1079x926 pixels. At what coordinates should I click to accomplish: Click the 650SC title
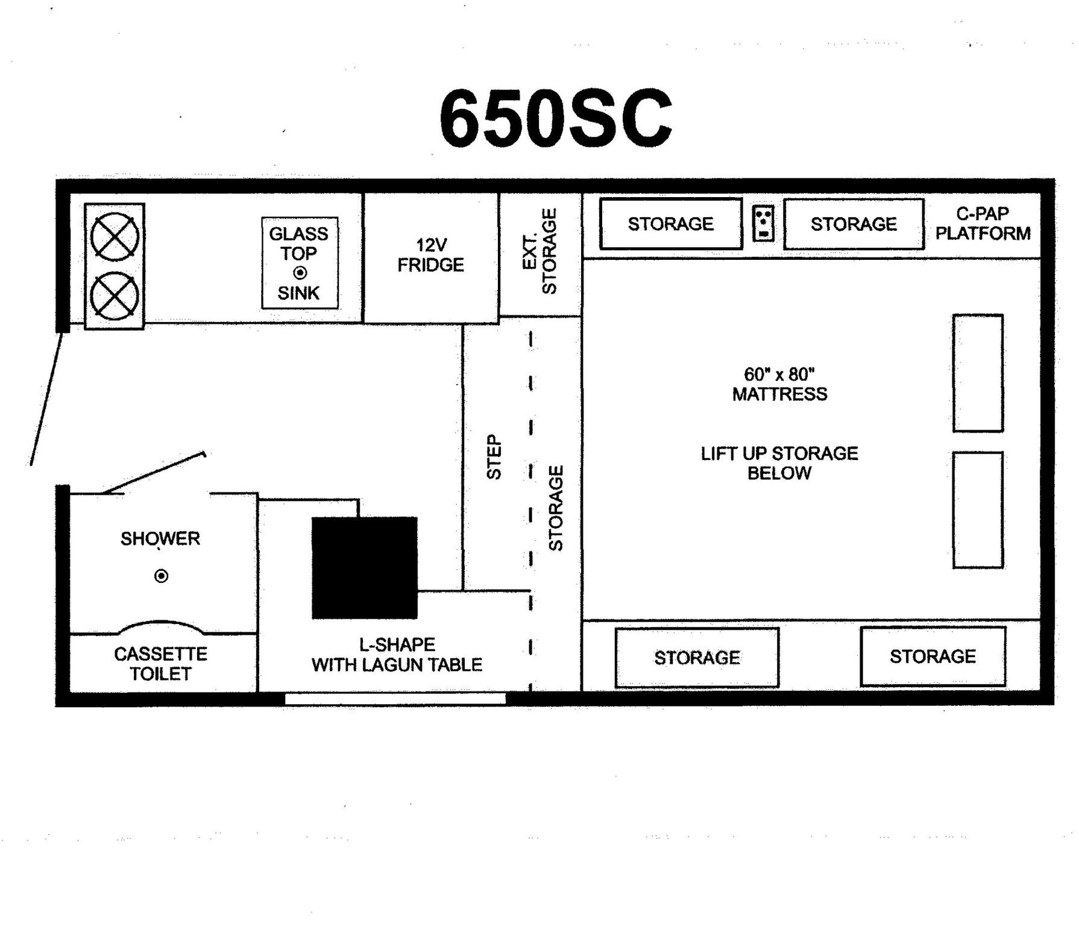pos(555,118)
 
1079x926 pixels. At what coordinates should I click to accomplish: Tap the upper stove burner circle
pos(115,236)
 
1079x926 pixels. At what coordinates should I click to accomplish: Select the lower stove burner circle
pos(115,296)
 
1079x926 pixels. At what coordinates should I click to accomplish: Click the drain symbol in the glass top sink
pos(300,272)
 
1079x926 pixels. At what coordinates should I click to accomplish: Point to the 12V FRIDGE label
pos(430,255)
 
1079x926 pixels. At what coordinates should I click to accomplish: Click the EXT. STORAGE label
pos(540,251)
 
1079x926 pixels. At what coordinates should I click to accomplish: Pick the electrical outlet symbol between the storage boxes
pos(763,223)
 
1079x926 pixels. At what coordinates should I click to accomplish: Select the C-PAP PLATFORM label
pos(983,223)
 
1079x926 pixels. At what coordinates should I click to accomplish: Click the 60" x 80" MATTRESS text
pos(779,384)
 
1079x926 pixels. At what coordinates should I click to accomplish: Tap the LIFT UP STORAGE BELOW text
pos(779,463)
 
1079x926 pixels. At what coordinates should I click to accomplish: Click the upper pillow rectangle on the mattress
pos(978,373)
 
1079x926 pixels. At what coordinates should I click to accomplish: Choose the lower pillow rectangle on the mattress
pos(978,510)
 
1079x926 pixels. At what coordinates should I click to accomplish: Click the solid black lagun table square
pos(365,567)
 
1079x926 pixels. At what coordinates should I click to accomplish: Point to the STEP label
pos(494,457)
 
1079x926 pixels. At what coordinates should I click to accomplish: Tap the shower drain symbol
pos(161,576)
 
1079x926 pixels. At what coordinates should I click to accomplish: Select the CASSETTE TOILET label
pos(160,663)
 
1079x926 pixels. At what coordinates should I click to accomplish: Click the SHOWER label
pos(160,538)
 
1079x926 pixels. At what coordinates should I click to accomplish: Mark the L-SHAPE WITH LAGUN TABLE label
pos(397,655)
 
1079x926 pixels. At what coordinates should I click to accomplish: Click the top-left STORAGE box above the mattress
pos(671,224)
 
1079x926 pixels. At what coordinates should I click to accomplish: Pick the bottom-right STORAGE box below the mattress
pos(933,656)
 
